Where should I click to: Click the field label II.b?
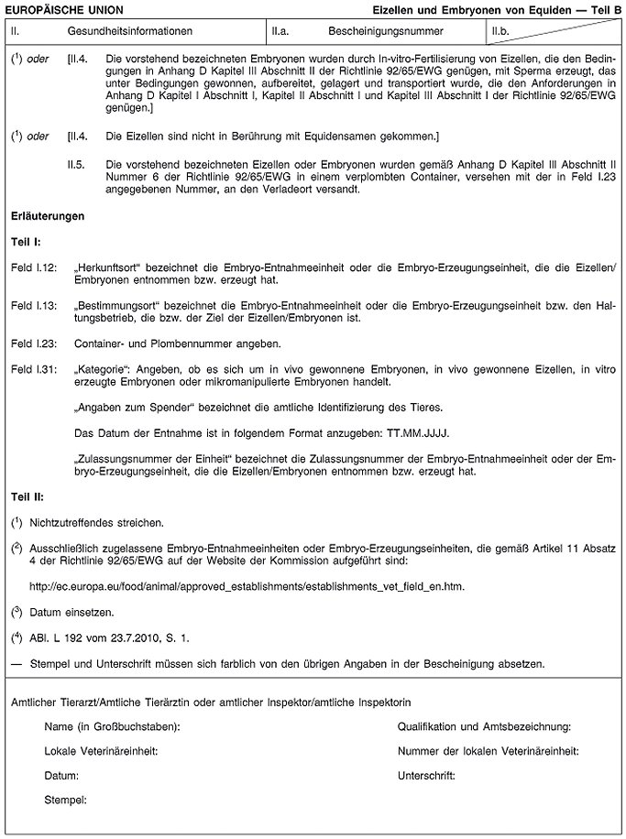[x=501, y=31]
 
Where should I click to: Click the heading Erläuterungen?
[x=48, y=217]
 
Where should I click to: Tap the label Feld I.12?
[x=34, y=267]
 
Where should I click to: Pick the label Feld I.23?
[x=34, y=343]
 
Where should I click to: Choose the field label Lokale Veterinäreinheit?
[x=102, y=751]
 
